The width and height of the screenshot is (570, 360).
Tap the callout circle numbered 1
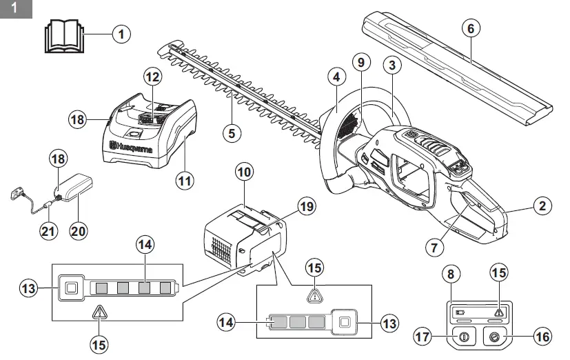coord(121,34)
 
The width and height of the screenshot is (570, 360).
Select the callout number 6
coord(471,29)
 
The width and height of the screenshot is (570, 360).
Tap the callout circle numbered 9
coord(359,62)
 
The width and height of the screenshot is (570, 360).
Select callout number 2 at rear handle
coord(542,205)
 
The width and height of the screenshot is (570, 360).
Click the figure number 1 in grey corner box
coord(14,9)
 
